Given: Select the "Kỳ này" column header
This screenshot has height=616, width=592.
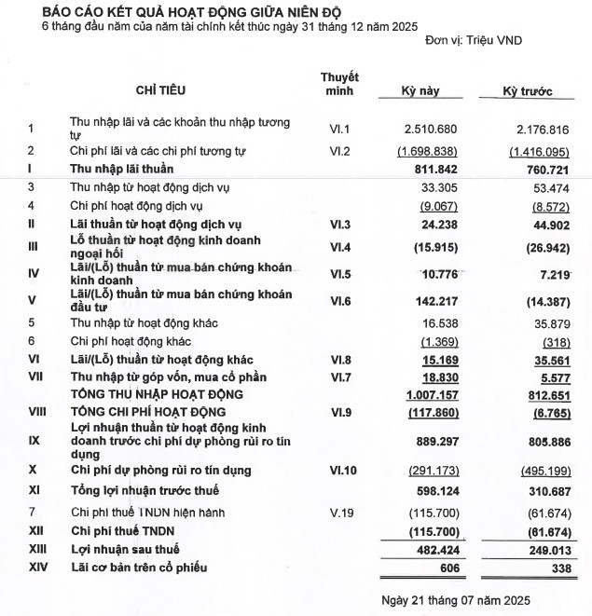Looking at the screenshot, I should click(420, 91).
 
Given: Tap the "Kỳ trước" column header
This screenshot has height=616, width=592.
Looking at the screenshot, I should click(527, 91).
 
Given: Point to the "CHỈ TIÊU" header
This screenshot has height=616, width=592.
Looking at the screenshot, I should click(161, 90).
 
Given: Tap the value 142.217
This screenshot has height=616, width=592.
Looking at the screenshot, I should click(434, 299).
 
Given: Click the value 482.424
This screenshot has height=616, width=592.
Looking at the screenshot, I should click(433, 549).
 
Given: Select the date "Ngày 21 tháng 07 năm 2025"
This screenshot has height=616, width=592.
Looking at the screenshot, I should click(457, 596).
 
